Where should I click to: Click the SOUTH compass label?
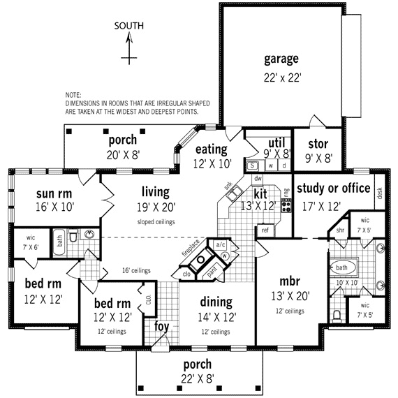(130, 26)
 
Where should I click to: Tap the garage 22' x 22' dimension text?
(282, 78)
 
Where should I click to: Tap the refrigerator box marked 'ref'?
(265, 230)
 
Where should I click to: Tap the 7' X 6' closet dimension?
(30, 246)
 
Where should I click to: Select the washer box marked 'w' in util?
(269, 165)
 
